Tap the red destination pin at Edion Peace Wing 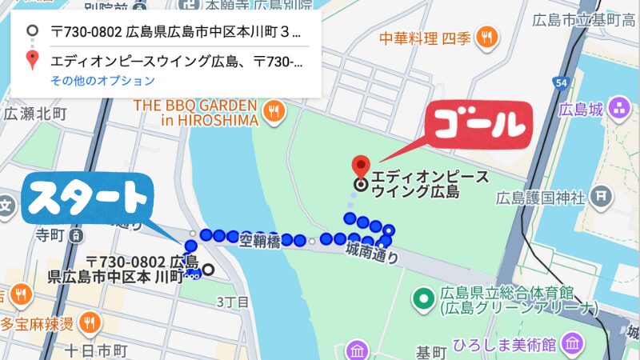pyautogui.click(x=361, y=167)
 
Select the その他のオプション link pyautogui.click(x=102, y=81)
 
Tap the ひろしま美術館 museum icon pyautogui.click(x=572, y=345)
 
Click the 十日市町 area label pyautogui.click(x=94, y=350)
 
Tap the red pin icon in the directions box pyautogui.click(x=32, y=60)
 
